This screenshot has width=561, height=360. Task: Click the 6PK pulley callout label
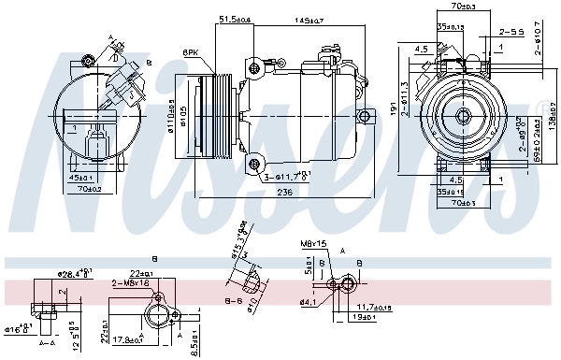(191, 52)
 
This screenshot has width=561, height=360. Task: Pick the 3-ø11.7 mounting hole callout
(286, 175)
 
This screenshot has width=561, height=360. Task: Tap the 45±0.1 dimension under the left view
(81, 177)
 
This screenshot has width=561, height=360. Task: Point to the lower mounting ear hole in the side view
(254, 166)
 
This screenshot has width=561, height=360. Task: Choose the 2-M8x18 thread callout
(130, 282)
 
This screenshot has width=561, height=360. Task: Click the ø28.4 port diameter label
(74, 274)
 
